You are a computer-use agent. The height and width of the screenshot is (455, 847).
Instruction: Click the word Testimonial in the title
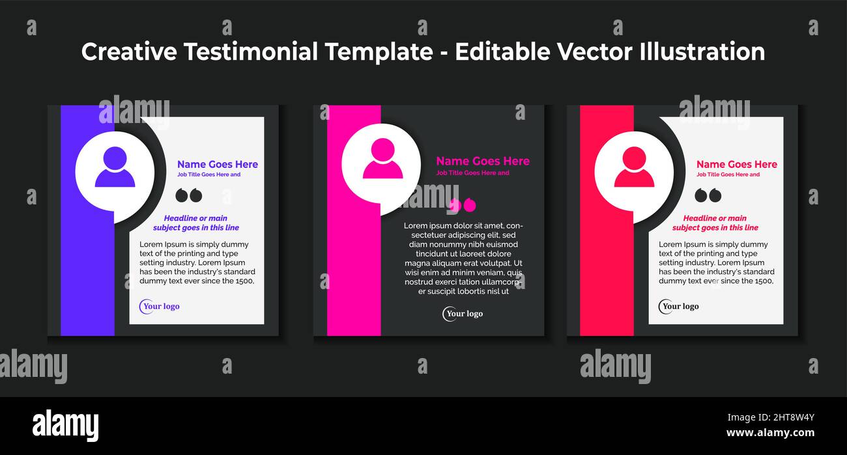tap(251, 51)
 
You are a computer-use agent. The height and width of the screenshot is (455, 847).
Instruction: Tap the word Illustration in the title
tap(702, 51)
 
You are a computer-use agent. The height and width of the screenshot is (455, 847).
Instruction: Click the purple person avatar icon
tap(115, 167)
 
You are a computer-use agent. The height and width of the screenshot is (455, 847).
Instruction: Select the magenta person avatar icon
tap(382, 158)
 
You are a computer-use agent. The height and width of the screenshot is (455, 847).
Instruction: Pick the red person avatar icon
tap(634, 167)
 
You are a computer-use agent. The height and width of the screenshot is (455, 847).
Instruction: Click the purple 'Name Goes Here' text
tap(218, 165)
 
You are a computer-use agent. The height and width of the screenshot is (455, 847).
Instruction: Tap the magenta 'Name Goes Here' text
tap(483, 161)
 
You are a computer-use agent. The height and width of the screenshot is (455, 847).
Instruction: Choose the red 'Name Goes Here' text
tap(737, 165)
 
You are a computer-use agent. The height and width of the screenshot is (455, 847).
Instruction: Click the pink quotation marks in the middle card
tap(463, 205)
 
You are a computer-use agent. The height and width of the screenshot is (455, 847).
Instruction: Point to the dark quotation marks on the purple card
tap(189, 195)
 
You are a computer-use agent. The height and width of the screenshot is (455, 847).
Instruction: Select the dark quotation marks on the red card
tap(708, 195)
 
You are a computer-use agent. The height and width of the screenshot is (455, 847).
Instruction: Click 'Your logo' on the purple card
tap(160, 307)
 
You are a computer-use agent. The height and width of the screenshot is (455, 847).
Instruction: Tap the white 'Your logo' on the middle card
tap(463, 314)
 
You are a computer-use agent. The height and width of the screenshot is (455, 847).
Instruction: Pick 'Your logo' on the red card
tap(679, 307)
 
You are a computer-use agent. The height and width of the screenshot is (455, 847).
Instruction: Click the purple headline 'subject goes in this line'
tap(196, 228)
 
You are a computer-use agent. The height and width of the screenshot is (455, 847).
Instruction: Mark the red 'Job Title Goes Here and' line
tap(728, 174)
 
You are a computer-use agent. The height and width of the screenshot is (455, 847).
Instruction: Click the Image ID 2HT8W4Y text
tap(771, 417)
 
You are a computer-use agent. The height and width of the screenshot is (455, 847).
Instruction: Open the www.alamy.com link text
tap(770, 432)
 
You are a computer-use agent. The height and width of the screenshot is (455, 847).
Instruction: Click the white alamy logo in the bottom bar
tap(65, 426)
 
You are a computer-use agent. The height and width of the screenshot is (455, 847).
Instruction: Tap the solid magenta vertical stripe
tap(354, 220)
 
